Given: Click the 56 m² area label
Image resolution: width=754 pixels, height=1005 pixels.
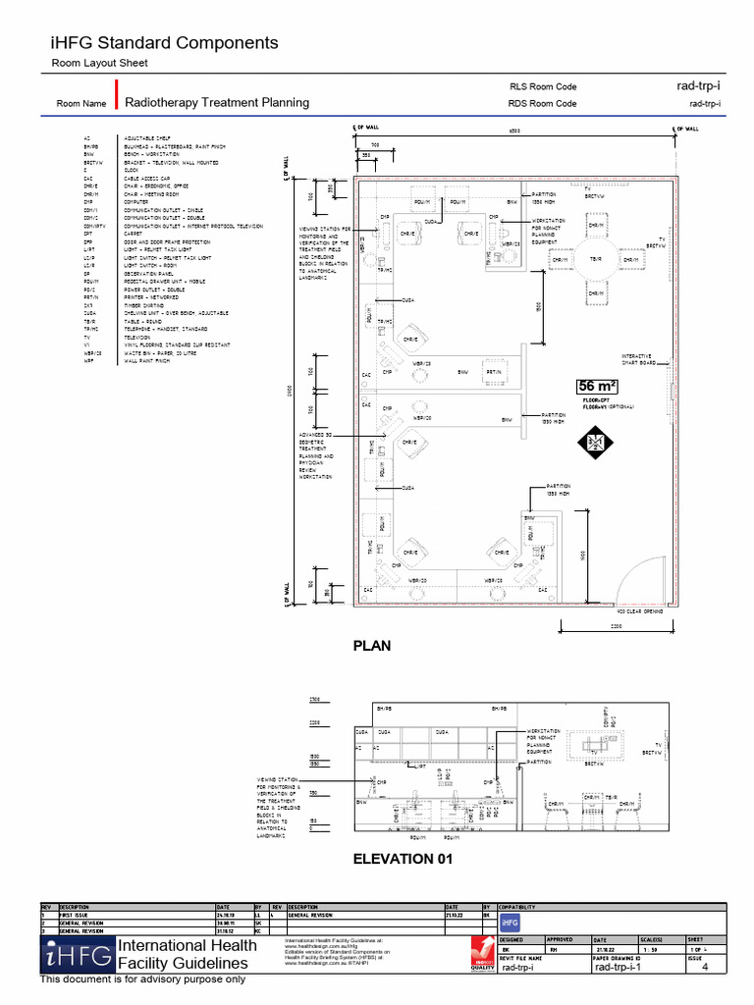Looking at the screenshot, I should pyautogui.click(x=597, y=386).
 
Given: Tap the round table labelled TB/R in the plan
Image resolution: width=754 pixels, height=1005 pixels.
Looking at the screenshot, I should pyautogui.click(x=595, y=260).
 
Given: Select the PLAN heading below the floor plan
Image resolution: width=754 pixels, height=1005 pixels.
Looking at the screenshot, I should pyautogui.click(x=371, y=646).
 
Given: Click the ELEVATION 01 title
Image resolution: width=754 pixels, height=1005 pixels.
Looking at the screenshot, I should pyautogui.click(x=394, y=860).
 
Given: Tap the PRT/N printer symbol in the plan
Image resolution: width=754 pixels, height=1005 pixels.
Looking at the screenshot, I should pyautogui.click(x=493, y=372).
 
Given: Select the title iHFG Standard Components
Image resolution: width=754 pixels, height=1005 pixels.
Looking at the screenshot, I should pyautogui.click(x=164, y=43).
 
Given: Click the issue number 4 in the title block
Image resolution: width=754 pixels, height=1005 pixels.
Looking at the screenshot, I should pyautogui.click(x=704, y=968).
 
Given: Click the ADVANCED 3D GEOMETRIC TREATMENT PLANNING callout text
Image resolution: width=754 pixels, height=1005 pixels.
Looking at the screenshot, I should pyautogui.click(x=315, y=454).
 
